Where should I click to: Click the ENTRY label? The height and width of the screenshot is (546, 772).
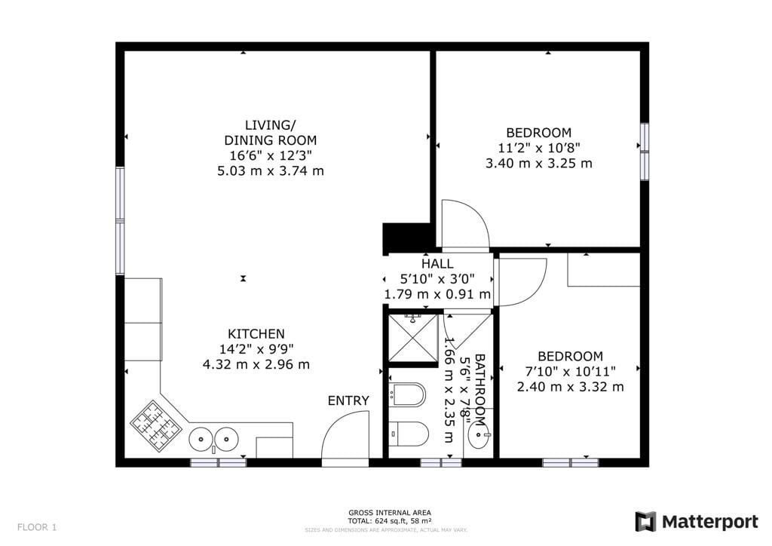(348, 400)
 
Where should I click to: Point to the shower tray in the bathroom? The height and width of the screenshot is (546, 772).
(412, 339)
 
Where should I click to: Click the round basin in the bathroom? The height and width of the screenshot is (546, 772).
(477, 435)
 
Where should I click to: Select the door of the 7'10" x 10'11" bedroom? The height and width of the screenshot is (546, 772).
(521, 281)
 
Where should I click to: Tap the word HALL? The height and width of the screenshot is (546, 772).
(437, 264)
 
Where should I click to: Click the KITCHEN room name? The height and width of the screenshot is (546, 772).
(256, 334)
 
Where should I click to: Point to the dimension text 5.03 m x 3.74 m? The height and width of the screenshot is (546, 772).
(271, 170)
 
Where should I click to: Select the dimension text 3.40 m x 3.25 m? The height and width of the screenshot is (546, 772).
(539, 163)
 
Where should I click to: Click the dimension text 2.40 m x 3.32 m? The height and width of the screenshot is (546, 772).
(570, 387)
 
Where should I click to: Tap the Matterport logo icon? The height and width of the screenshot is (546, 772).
(645, 522)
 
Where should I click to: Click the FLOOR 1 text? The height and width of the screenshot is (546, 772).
(37, 527)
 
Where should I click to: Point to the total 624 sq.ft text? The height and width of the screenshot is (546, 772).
(389, 521)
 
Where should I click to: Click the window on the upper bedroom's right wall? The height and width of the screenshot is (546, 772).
(644, 151)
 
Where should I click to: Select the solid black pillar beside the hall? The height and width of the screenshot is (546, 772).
(405, 238)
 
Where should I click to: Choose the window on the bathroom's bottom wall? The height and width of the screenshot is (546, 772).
(441, 462)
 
